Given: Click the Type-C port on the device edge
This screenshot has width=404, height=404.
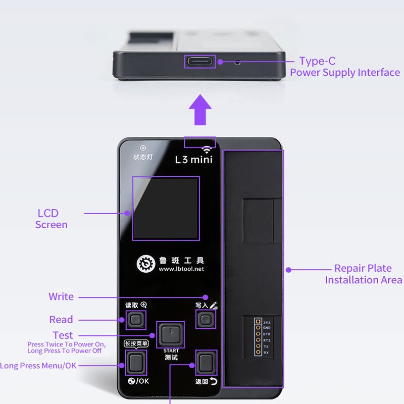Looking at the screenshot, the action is click(x=199, y=62).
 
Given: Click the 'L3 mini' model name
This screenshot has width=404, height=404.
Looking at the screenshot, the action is click(x=193, y=160).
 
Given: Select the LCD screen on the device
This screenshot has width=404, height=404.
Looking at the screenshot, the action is click(x=166, y=208).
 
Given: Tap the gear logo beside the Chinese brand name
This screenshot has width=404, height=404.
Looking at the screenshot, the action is click(x=146, y=264).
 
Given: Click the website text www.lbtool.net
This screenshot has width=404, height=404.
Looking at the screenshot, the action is click(x=181, y=269).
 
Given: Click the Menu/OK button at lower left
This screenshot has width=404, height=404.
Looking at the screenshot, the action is click(x=135, y=362).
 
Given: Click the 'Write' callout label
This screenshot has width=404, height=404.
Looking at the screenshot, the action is click(x=61, y=296).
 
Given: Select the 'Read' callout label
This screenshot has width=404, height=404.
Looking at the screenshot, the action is click(x=61, y=320).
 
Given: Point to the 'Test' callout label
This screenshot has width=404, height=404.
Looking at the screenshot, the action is click(x=63, y=335).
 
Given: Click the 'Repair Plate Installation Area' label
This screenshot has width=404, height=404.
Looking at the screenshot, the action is click(x=363, y=274).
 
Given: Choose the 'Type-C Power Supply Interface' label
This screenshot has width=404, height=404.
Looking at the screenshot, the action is click(x=344, y=67).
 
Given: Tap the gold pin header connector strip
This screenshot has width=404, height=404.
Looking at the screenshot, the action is click(x=258, y=337).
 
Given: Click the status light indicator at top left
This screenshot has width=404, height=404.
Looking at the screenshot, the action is click(x=142, y=147).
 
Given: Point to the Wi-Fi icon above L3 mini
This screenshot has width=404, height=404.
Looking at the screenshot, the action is click(x=206, y=149).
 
